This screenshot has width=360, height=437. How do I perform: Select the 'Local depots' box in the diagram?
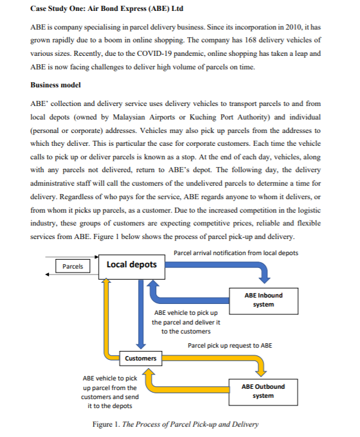click(x=131, y=265)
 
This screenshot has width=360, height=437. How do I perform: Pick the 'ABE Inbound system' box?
click(x=263, y=299)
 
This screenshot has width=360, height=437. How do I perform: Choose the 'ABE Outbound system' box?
click(x=263, y=391)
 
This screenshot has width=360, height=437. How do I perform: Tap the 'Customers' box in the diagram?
click(x=140, y=358)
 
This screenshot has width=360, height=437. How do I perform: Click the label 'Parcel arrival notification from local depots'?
click(x=236, y=253)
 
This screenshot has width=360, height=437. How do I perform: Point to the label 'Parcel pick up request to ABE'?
click(x=230, y=345)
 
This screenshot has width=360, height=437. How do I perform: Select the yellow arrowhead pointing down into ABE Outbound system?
click(x=262, y=372)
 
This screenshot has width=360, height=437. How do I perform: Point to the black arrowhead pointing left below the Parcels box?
click(x=46, y=276)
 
